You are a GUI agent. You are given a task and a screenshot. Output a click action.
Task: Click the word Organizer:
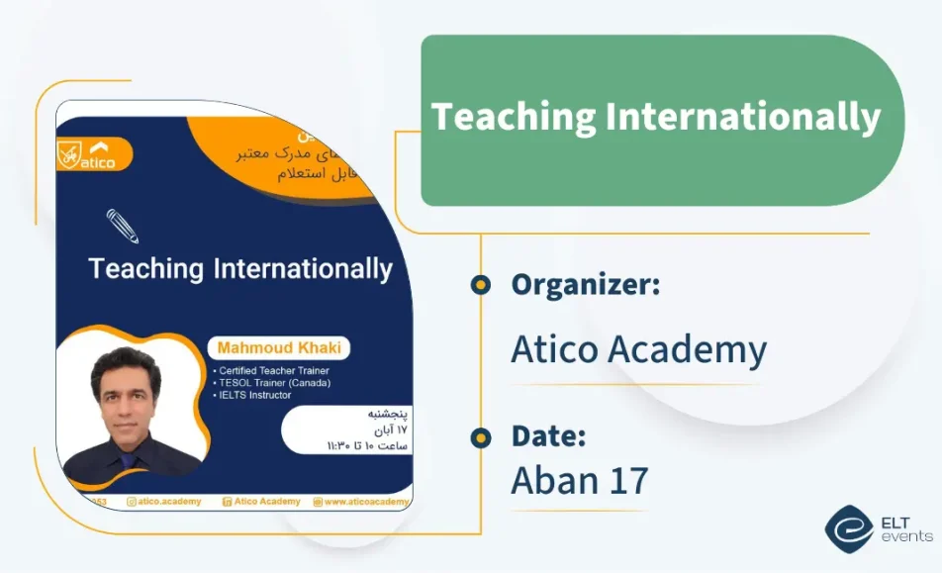[585, 285]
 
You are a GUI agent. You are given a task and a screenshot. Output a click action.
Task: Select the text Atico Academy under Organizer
[638, 349]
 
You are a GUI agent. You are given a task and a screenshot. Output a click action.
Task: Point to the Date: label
[548, 435]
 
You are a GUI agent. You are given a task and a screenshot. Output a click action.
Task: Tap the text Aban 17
[579, 480]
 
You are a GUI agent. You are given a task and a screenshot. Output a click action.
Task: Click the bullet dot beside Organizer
[481, 285]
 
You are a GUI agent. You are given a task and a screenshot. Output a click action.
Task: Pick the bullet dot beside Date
[481, 436]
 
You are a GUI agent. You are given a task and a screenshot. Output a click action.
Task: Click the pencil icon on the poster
[123, 226]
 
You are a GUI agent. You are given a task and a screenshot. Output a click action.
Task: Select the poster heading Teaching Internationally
[240, 268]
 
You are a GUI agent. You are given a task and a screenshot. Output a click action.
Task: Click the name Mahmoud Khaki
[278, 348]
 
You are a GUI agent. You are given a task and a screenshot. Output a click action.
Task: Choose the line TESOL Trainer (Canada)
[272, 383]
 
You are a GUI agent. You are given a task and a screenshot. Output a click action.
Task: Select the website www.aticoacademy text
[365, 502]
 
